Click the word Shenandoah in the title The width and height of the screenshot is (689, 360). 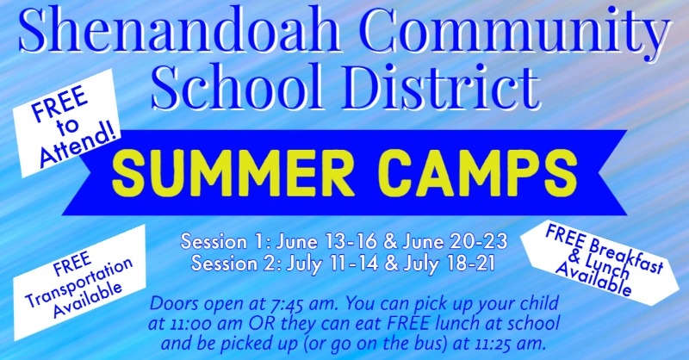tap(180, 29)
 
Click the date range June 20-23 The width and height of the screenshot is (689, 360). tap(455, 241)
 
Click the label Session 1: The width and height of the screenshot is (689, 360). tap(227, 241)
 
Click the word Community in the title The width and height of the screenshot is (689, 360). tap(517, 29)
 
